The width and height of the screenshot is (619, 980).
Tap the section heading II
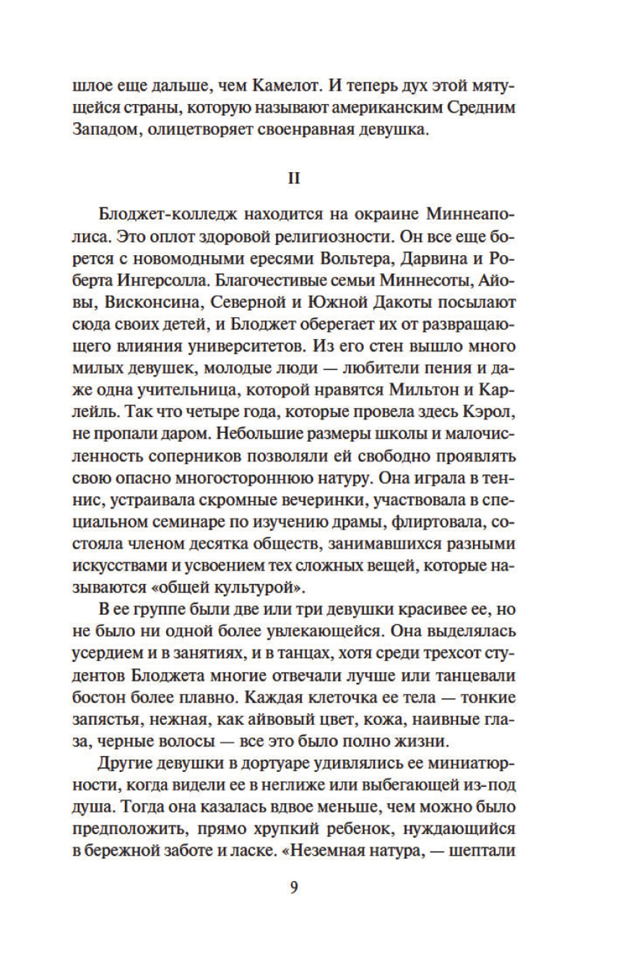pos(294,178)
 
